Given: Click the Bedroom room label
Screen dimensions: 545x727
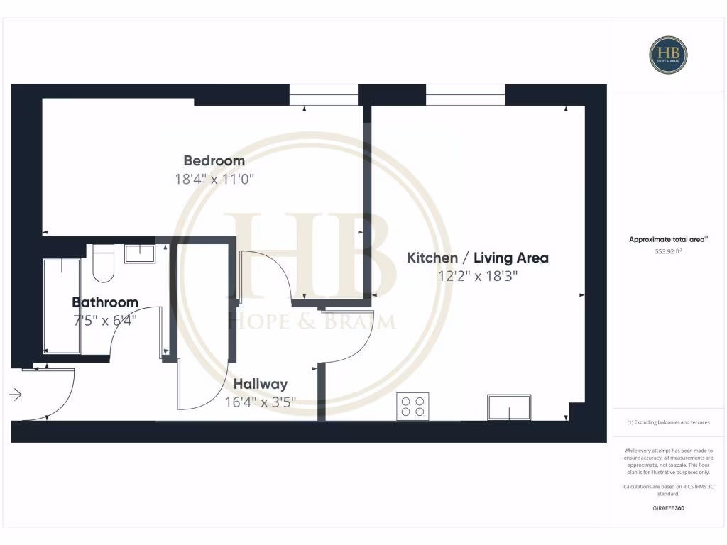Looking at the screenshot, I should [x=214, y=160].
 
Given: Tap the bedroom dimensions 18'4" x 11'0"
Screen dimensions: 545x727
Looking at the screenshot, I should [x=214, y=180].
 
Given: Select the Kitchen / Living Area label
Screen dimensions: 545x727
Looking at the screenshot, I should [x=477, y=258].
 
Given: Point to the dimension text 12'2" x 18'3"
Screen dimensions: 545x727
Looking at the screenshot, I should [x=477, y=277].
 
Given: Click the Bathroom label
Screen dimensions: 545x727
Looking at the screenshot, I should [x=104, y=302].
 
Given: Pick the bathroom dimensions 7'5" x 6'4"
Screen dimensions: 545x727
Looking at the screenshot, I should [x=104, y=320].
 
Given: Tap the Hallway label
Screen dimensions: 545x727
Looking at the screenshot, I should [x=261, y=384].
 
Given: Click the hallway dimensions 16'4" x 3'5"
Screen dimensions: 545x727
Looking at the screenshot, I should [x=261, y=402].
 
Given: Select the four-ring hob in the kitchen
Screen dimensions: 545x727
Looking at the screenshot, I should [x=412, y=407].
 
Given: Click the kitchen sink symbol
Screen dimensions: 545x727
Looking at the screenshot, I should [x=508, y=407].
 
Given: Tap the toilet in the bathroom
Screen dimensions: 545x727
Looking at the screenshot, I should [x=104, y=263].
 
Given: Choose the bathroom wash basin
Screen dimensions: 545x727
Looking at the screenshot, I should [x=140, y=253].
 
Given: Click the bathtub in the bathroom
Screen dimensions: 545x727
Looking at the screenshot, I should [x=62, y=306].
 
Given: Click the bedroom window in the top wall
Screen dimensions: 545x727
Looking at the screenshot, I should [x=323, y=95].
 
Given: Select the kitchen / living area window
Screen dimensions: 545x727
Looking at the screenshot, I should [x=465, y=95].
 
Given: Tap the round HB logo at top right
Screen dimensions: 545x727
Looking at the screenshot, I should [x=668, y=55].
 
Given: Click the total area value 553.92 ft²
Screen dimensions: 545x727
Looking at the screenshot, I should [x=668, y=251].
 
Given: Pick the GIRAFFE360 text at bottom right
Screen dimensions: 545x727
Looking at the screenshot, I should [x=668, y=508].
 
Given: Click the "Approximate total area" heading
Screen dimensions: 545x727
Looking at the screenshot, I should [x=667, y=240].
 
